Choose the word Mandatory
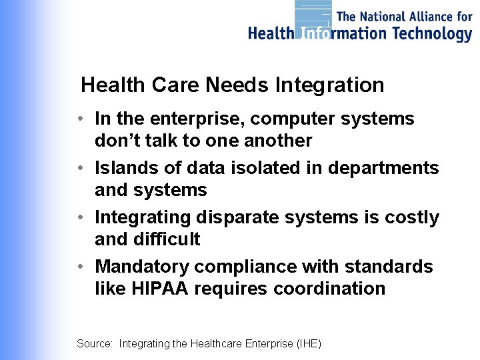tap(141, 267)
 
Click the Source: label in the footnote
tap(95, 344)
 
